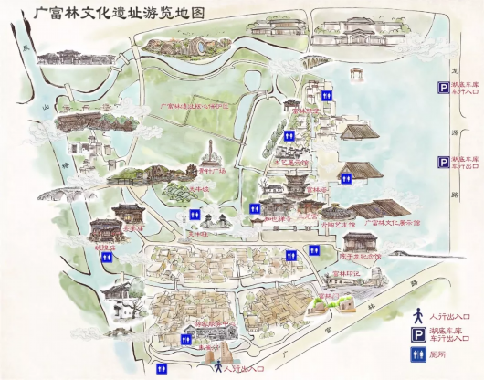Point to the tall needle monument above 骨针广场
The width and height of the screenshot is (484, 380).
[211, 151]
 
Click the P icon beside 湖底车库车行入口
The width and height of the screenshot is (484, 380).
[441, 88]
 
